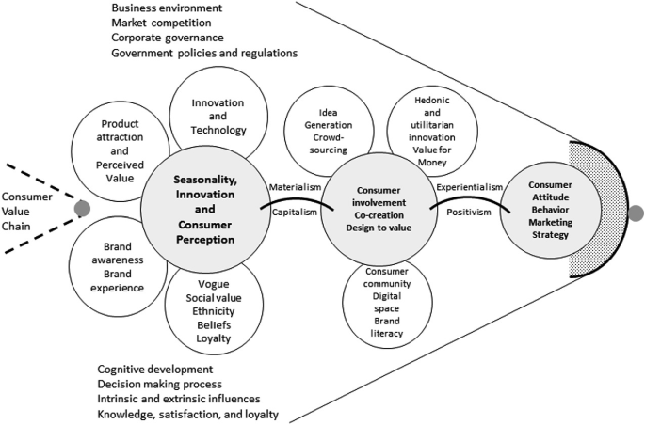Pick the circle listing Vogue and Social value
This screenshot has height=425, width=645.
coord(214,310)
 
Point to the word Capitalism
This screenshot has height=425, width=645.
coord(294,212)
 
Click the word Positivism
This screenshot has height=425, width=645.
coord(469,212)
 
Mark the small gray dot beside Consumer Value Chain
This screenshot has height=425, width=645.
coord(83,207)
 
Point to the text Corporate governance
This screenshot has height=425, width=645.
coord(167,38)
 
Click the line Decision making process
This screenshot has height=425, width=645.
coord(160,385)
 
